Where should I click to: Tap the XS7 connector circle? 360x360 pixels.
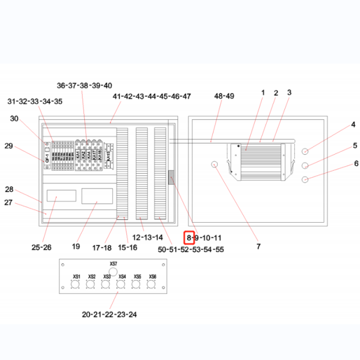pyautogui.click(x=114, y=271)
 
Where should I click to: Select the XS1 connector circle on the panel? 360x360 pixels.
pyautogui.click(x=76, y=284)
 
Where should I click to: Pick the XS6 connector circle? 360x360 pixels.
pyautogui.click(x=152, y=284)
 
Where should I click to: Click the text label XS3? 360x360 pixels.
pyautogui.click(x=106, y=277)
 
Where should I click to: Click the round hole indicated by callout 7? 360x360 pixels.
pyautogui.click(x=215, y=164)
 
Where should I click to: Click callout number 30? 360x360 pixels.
pyautogui.click(x=14, y=119)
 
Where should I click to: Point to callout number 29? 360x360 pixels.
pyautogui.click(x=9, y=146)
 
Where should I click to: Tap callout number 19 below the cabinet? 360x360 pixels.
pyautogui.click(x=76, y=247)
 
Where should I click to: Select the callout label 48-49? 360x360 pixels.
pyautogui.click(x=224, y=96)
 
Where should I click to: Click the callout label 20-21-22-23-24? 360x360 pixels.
pyautogui.click(x=110, y=314)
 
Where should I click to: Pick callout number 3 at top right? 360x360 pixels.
pyautogui.click(x=290, y=93)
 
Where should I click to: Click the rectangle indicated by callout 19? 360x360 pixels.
pyautogui.click(x=97, y=196)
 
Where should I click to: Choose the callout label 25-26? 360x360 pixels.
pyautogui.click(x=41, y=247)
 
